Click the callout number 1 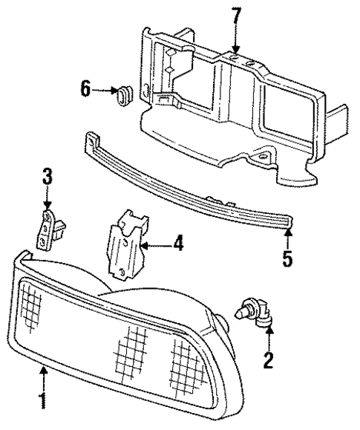tap(42, 402)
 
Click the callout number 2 tap(269, 361)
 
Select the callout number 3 tap(47, 177)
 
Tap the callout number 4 tap(177, 243)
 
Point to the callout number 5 tap(287, 260)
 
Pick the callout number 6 tap(85, 91)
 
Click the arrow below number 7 tap(235, 41)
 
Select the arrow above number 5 tap(287, 238)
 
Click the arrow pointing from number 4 tap(154, 244)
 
